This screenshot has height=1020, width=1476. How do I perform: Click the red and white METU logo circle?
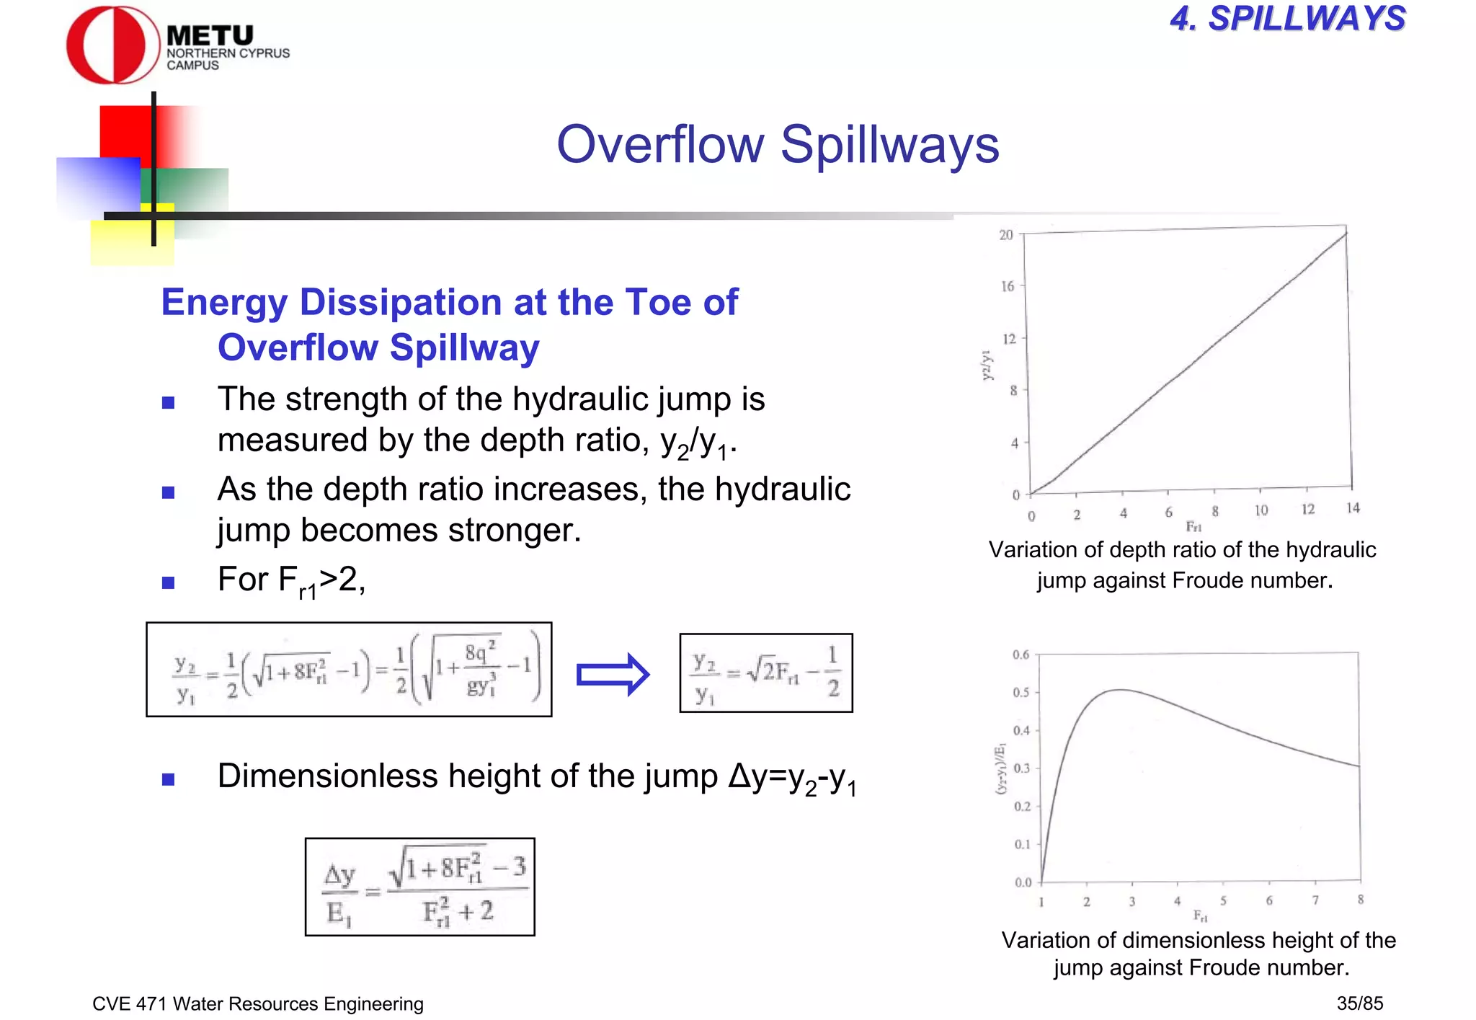pos(112,45)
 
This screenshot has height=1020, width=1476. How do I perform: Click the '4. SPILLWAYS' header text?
pos(1287,19)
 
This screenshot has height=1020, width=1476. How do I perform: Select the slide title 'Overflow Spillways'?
pos(778,144)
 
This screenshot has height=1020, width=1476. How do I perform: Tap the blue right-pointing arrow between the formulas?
pos(613,675)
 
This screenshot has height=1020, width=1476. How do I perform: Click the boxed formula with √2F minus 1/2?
pos(765,673)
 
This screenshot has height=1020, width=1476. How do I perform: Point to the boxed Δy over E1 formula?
pos(419,887)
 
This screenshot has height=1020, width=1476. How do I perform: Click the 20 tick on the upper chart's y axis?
pos(1006,235)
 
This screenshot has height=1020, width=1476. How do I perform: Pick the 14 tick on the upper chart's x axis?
pos(1353,508)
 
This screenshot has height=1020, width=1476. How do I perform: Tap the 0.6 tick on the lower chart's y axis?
pos(1021,655)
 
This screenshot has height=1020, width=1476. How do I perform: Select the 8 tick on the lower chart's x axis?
pos(1360,899)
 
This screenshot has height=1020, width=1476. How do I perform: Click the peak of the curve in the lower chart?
pos(1119,690)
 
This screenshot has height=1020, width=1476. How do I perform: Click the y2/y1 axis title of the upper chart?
pos(987,365)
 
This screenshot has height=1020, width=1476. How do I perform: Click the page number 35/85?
pos(1359,1003)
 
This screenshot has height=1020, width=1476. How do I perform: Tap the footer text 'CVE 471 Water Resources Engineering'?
pos(258,1003)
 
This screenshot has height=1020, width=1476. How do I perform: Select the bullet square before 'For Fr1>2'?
pos(169,582)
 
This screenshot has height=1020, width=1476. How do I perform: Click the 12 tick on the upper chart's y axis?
pos(1008,339)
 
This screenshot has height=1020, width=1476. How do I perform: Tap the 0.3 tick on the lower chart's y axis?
pos(1021,768)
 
